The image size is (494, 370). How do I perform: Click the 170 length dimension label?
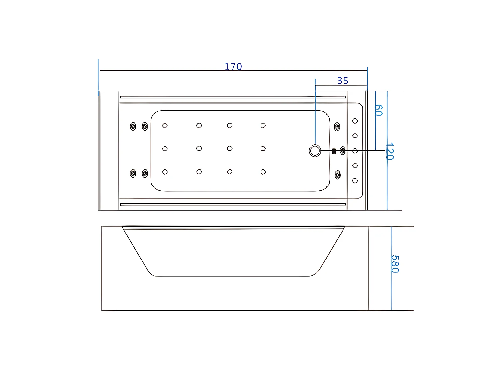[233, 67]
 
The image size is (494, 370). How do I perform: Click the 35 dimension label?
[343, 81]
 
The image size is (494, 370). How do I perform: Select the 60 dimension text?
[379, 110]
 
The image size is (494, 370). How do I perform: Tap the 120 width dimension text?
[390, 151]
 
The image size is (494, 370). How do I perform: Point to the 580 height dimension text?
[395, 264]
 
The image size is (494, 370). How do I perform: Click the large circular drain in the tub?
[315, 151]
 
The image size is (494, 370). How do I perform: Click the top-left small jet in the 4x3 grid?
[165, 125]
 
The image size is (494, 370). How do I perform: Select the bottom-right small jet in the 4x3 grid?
[263, 172]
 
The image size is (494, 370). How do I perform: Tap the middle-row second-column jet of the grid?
[199, 149]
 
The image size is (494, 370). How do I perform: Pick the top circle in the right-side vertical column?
[355, 121]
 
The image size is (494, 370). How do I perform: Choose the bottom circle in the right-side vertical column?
[355, 181]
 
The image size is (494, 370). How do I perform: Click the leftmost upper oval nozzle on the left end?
[133, 126]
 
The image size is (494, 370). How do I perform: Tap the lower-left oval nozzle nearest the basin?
[145, 173]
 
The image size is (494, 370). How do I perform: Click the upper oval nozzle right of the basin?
[337, 127]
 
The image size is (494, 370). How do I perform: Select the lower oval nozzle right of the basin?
[338, 175]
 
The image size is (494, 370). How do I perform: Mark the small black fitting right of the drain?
[334, 151]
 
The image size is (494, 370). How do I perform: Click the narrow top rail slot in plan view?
[233, 97]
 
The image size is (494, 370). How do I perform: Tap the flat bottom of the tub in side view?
[233, 276]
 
